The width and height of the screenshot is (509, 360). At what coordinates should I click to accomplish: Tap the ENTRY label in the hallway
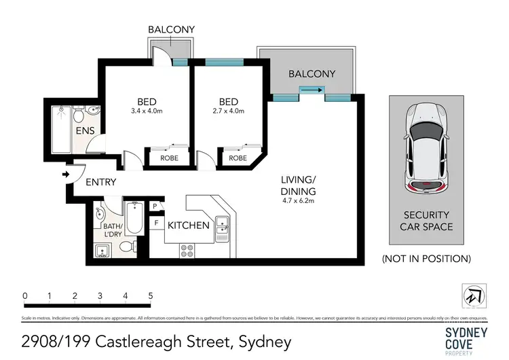100,182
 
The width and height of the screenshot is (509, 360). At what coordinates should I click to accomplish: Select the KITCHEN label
189,226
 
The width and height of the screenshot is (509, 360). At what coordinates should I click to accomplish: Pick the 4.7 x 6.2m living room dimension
299,200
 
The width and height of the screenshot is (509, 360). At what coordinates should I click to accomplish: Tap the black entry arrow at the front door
65,175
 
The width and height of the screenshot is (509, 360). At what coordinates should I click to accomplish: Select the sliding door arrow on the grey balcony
312,89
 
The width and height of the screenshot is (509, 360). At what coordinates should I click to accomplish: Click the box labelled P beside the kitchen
155,206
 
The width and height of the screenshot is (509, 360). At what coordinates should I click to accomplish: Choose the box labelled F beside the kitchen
155,221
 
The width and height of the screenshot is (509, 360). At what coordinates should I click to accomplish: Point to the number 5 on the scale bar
150,296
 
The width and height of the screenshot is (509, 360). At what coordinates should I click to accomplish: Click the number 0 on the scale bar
24,296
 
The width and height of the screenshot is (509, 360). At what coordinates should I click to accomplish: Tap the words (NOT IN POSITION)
426,258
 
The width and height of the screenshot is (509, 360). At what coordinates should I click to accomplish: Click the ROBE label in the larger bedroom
169,158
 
